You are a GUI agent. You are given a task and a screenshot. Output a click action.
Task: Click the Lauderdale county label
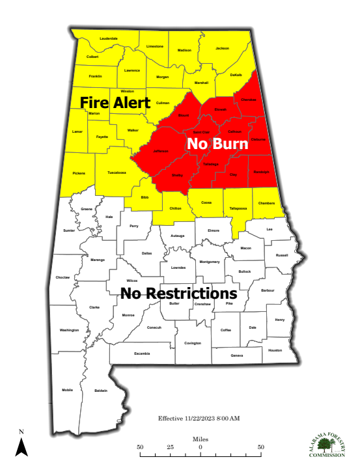[x=109, y=39]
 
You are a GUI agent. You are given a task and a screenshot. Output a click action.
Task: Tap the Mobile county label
[x=68, y=390]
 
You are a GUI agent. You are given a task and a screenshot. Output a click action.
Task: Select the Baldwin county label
[x=101, y=391]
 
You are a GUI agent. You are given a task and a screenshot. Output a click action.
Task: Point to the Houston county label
[x=275, y=350]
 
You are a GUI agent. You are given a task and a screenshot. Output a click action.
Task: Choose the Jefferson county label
[x=160, y=150]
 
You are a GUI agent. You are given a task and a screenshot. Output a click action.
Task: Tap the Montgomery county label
[x=210, y=262]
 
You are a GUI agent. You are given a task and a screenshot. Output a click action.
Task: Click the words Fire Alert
[x=115, y=103]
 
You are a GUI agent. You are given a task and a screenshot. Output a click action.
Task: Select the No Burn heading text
[x=215, y=144]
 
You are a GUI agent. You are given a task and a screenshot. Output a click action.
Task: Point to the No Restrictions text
[x=178, y=293]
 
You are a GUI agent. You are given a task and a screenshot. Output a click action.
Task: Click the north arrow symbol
[x=21, y=446]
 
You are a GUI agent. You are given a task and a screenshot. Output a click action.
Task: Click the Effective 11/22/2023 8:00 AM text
[x=199, y=417]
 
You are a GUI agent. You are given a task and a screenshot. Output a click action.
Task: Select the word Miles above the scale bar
[x=201, y=440]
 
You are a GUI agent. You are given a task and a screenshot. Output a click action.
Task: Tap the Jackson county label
[x=223, y=48]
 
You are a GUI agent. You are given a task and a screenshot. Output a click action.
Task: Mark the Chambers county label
[x=266, y=204]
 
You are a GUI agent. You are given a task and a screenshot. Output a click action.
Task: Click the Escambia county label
[x=142, y=353]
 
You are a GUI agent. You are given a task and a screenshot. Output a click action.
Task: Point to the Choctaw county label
[x=63, y=277]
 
